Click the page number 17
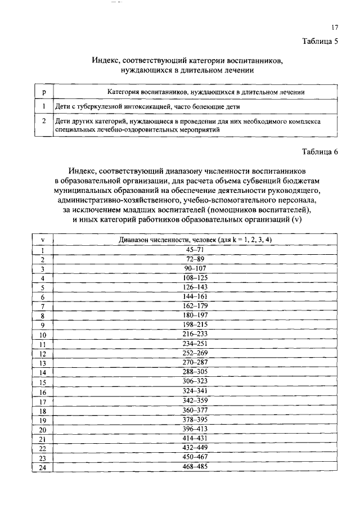(x=334, y=27)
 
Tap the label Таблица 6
(x=319, y=152)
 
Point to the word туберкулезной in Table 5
(x=97, y=106)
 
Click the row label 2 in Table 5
(x=44, y=120)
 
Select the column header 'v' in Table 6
(x=43, y=240)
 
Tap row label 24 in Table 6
(x=43, y=468)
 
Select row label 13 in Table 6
(x=43, y=363)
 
